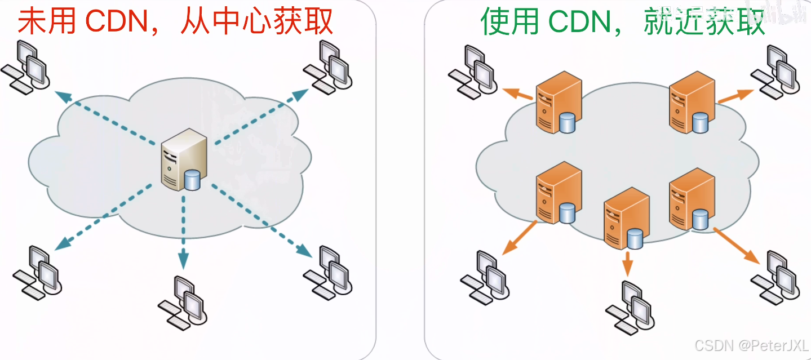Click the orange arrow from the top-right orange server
(735, 96)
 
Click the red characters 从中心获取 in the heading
(257, 23)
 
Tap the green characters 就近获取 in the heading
(704, 23)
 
